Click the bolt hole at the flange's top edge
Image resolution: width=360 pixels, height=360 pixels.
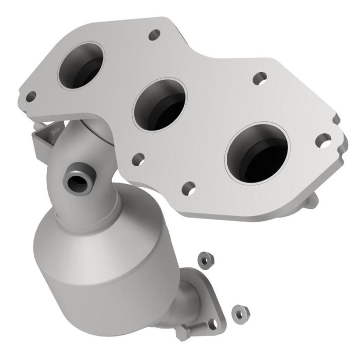click(153, 37)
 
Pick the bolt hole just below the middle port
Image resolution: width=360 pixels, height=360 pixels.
click(138, 158)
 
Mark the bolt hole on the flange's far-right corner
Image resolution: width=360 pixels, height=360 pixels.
click(323, 139)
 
